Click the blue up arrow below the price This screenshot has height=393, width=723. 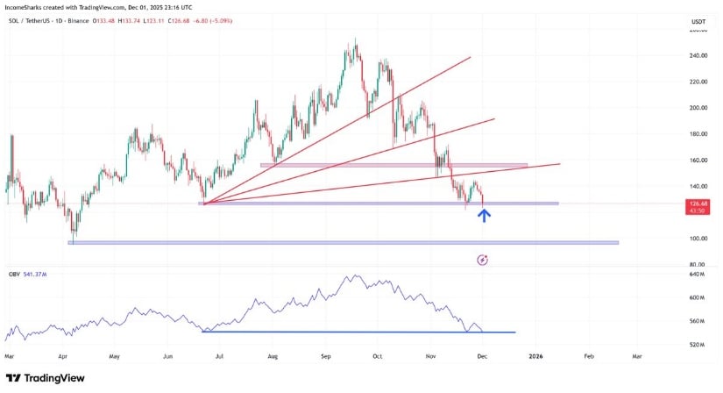click(483, 214)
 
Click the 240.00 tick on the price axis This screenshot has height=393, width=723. click(698, 55)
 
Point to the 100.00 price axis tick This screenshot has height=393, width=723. click(698, 239)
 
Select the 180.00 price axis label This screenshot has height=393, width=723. click(698, 134)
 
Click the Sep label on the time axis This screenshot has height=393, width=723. click(326, 357)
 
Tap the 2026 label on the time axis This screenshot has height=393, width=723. click(535, 357)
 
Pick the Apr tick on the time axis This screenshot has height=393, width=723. click(62, 357)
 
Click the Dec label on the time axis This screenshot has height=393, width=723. click(481, 357)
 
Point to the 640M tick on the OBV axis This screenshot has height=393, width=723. click(698, 275)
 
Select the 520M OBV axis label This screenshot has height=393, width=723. click(698, 345)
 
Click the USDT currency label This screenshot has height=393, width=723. click(698, 21)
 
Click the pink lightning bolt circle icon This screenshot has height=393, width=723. click(482, 260)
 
